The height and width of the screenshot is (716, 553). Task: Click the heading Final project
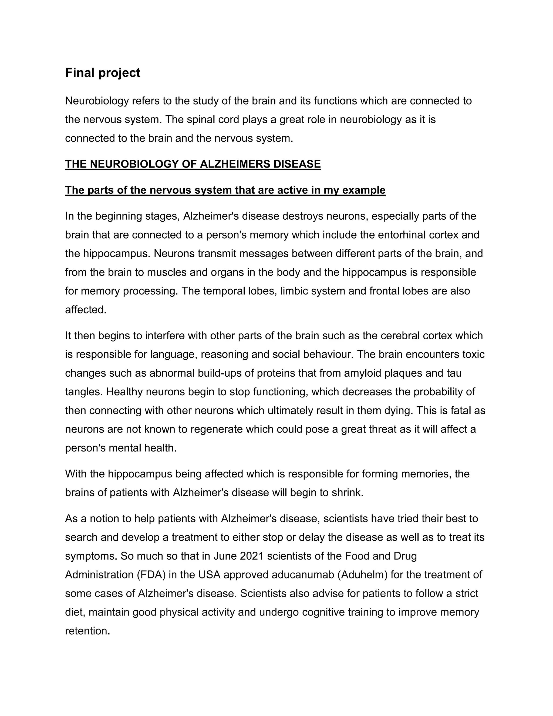(103, 73)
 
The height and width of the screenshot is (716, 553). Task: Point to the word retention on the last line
(87, 631)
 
